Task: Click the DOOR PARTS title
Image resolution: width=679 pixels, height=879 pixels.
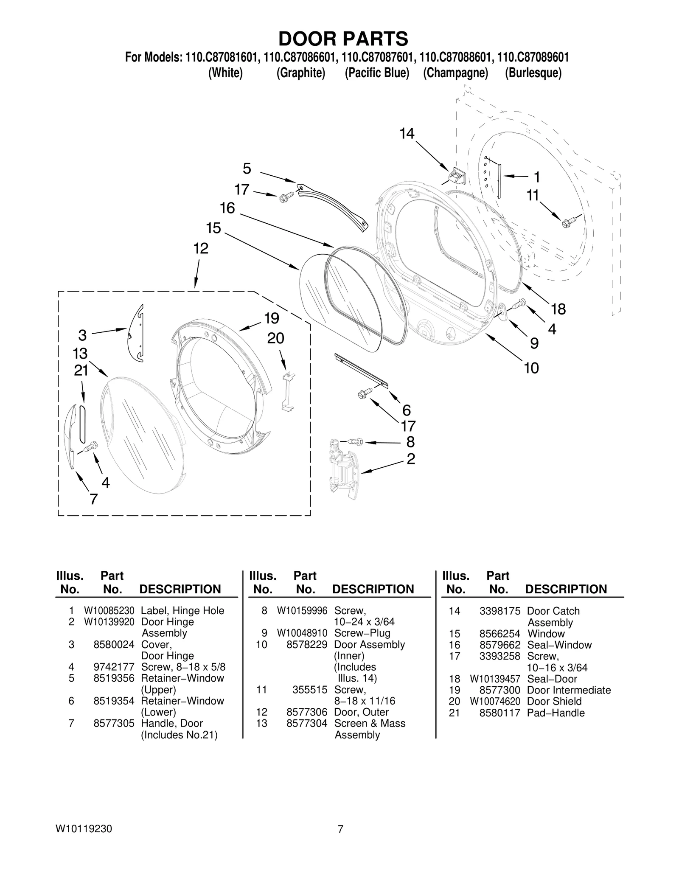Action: pos(343,39)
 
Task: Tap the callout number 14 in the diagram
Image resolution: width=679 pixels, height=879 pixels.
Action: pos(407,134)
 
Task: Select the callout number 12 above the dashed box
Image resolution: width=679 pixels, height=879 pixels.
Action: pos(201,248)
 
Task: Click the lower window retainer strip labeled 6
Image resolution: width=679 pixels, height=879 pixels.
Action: pos(361,371)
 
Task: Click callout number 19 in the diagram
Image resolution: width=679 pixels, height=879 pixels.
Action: pos(272,318)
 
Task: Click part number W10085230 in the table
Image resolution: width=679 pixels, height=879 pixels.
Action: pos(109,611)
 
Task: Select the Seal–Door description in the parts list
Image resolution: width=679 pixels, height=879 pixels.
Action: pos(552,679)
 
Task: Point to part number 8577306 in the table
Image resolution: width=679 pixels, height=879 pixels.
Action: pos(306,712)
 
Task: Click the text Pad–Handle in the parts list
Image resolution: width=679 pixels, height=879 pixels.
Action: pos(556,713)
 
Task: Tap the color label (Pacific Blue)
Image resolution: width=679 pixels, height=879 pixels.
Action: pos(377,73)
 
